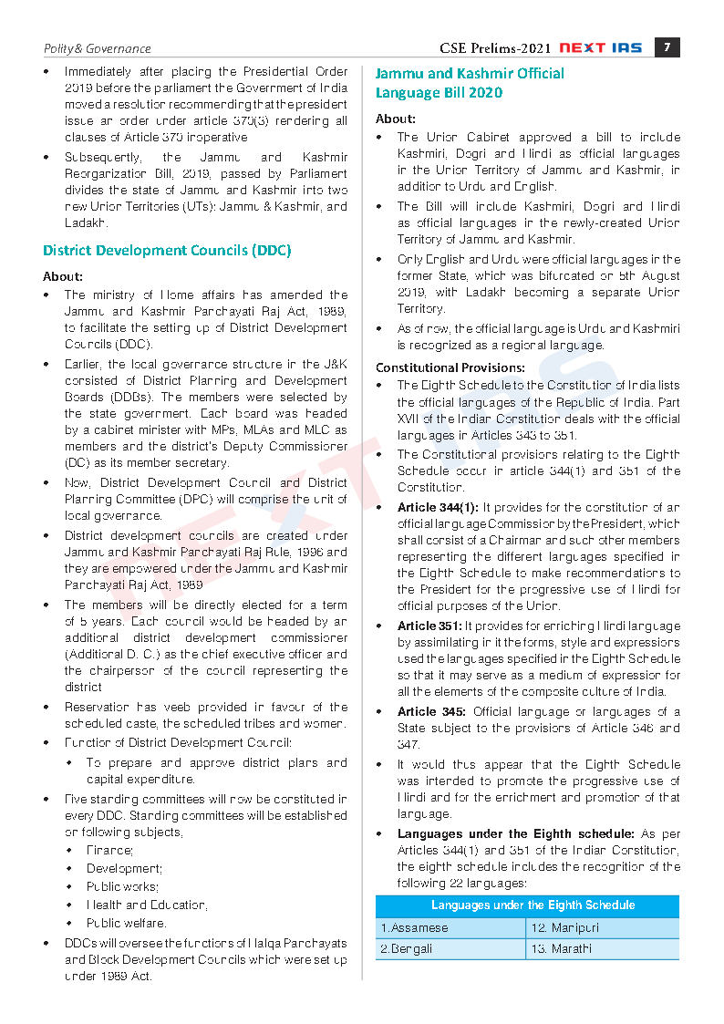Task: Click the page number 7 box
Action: (x=667, y=47)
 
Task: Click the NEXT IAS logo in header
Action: (x=603, y=47)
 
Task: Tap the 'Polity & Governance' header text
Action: (x=98, y=48)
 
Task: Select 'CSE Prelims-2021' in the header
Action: (x=495, y=48)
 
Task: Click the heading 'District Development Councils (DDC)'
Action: (x=167, y=250)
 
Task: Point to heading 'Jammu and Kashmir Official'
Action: (x=470, y=73)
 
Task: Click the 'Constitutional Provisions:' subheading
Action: (x=450, y=367)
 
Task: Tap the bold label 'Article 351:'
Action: (x=429, y=626)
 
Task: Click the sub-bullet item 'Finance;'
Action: (x=109, y=850)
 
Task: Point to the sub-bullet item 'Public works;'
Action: (x=122, y=886)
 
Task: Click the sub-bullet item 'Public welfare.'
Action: (x=126, y=923)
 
